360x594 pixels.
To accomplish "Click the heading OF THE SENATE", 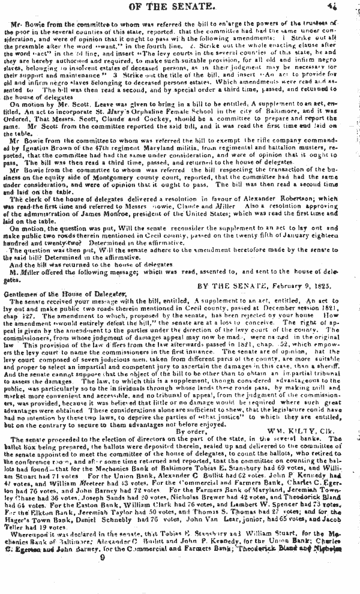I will coord(180,7).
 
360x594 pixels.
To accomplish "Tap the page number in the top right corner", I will coord(349,6).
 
